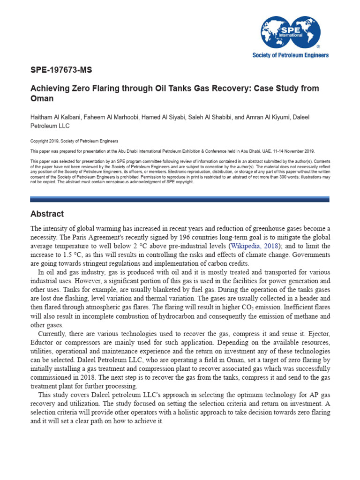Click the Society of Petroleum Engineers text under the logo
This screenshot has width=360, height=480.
click(291, 55)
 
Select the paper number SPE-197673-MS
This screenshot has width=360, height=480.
click(61, 70)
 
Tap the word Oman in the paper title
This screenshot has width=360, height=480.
click(42, 99)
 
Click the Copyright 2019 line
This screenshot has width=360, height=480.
click(74, 141)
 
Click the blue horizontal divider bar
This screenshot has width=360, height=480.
click(180, 199)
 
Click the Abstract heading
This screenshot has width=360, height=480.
click(47, 214)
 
